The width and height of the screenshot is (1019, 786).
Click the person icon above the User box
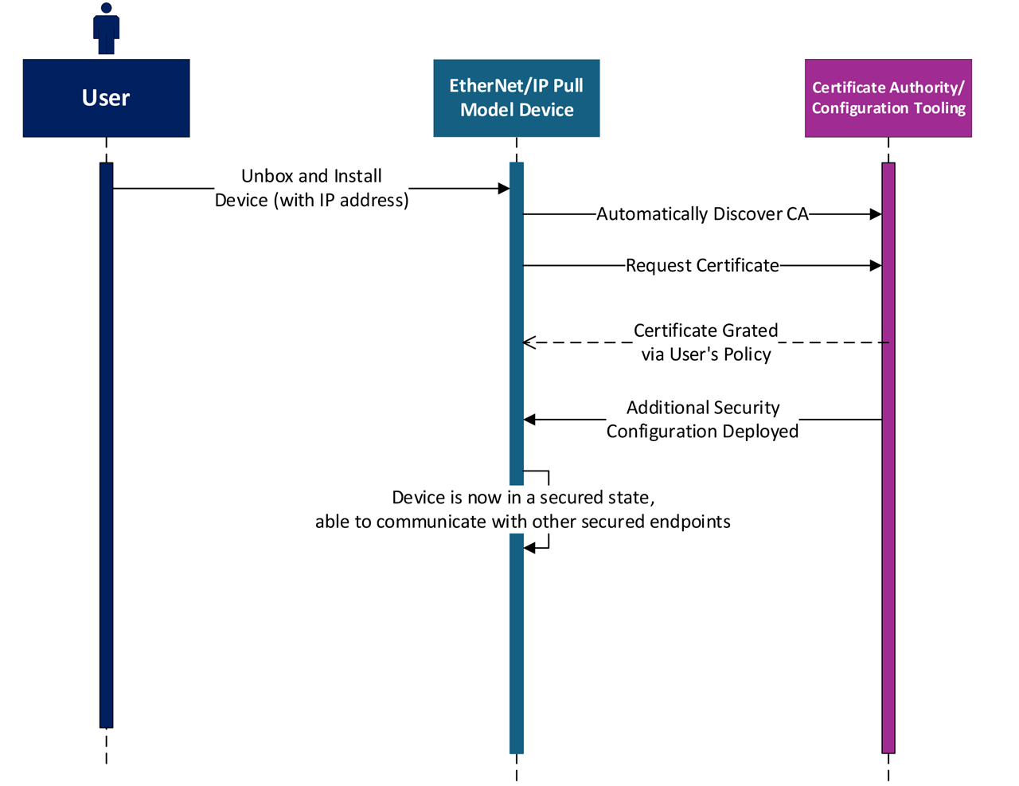(x=106, y=29)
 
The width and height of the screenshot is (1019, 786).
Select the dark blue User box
(x=106, y=98)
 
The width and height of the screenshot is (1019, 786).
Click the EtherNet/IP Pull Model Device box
(x=516, y=98)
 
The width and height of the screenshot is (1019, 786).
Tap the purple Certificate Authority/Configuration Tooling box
(x=888, y=98)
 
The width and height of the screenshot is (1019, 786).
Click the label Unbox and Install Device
(x=311, y=188)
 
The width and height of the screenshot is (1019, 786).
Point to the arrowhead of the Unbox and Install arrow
(x=503, y=189)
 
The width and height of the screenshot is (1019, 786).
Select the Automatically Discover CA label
(x=702, y=214)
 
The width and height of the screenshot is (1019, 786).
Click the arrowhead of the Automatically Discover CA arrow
(x=876, y=214)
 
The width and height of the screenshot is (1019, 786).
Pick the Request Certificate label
(x=702, y=265)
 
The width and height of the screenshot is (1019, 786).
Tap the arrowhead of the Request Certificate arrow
(x=876, y=265)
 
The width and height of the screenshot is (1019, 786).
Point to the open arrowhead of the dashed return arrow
(x=529, y=342)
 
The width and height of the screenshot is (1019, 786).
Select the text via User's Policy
(x=706, y=354)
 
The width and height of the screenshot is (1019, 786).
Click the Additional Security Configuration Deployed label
(x=702, y=420)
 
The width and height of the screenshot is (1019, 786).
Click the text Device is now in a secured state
(x=523, y=498)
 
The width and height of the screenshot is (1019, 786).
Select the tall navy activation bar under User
(x=106, y=446)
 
